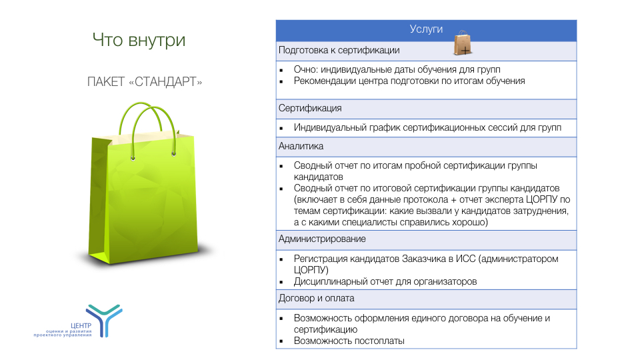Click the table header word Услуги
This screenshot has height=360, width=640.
point(426,29)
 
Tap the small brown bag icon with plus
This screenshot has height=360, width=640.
point(463,43)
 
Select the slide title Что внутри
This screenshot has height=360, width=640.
point(139,40)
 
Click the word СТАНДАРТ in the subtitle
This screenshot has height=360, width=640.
point(165,81)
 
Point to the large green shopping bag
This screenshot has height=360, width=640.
point(143,184)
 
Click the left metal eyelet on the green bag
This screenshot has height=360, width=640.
point(133,158)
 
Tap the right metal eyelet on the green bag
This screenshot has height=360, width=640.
point(174,154)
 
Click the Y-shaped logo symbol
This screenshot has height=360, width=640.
point(105,319)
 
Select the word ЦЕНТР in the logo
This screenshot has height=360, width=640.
point(81,326)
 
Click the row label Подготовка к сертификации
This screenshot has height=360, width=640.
point(339,50)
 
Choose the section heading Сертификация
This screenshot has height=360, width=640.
point(310,108)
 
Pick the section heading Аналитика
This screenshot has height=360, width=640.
point(301,146)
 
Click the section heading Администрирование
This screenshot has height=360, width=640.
point(322,239)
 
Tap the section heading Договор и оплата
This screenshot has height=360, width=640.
point(316,299)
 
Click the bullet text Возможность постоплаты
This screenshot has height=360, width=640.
point(349,341)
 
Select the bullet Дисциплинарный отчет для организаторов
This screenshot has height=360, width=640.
point(385,281)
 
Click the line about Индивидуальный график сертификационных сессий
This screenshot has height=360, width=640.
point(427,128)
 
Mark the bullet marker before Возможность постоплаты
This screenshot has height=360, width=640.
point(281,341)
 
